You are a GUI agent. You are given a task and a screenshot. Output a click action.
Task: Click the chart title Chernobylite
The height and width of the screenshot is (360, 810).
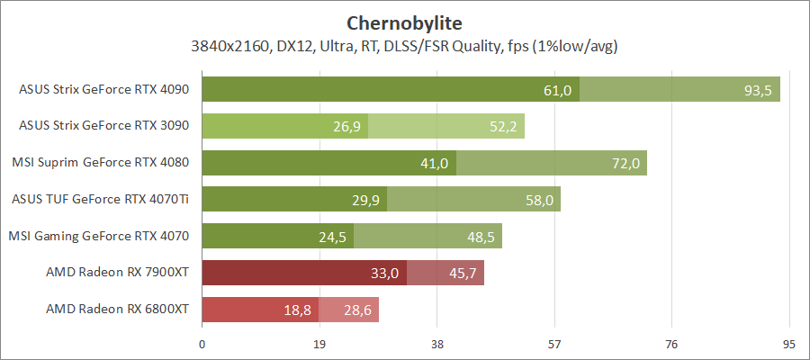click(404, 21)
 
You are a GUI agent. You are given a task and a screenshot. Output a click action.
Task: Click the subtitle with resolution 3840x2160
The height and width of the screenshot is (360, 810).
click(404, 44)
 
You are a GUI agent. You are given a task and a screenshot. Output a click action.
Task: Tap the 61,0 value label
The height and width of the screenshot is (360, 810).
click(558, 90)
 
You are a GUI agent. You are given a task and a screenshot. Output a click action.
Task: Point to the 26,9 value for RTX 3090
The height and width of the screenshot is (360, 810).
click(346, 127)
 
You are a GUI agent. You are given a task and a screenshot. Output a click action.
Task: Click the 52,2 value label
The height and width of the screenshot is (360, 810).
click(503, 127)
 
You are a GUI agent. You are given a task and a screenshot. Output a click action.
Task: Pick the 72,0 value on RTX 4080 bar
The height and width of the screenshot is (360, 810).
click(625, 164)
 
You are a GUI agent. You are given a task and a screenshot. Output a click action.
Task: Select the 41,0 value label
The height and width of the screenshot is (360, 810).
click(435, 164)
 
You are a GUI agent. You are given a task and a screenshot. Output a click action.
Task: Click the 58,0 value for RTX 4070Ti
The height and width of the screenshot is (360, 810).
click(539, 200)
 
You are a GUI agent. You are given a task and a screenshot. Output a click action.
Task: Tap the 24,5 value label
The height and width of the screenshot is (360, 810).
click(332, 237)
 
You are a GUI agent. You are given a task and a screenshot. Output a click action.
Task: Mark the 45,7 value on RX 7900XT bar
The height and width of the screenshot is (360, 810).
click(463, 274)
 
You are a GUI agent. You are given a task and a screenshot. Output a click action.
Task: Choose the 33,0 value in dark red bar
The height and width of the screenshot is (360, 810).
click(385, 274)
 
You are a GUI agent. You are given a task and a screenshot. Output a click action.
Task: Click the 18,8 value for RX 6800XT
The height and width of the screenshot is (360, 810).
click(297, 310)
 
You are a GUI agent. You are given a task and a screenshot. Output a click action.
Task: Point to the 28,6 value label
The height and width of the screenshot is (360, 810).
click(357, 310)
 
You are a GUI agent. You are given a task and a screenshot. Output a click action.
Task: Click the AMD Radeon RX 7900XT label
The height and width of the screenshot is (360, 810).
click(118, 273)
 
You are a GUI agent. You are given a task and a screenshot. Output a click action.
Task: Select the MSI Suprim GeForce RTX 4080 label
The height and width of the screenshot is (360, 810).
click(100, 163)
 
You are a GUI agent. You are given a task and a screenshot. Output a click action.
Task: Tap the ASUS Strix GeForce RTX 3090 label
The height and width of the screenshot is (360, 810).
click(103, 126)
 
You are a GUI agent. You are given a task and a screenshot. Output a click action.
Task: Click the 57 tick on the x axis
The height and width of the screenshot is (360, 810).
click(554, 344)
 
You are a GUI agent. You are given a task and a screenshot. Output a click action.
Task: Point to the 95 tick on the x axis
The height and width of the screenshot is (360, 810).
click(789, 344)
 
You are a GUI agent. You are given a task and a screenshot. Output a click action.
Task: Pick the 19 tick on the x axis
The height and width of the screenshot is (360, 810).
click(319, 344)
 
